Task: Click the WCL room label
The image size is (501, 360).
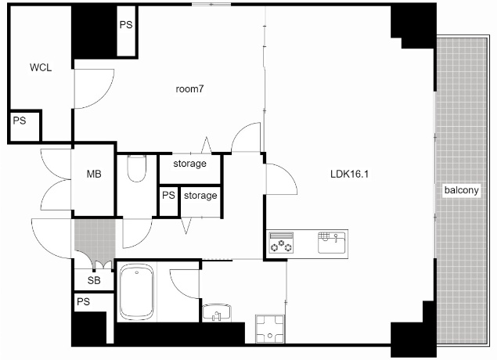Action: (x=41, y=68)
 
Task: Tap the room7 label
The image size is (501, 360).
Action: (x=189, y=89)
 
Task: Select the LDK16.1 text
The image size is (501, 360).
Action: (x=349, y=174)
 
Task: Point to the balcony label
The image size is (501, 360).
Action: (x=461, y=190)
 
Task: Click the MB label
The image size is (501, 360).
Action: (x=94, y=174)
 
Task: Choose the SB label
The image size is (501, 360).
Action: (x=94, y=280)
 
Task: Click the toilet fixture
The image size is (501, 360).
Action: (x=137, y=168)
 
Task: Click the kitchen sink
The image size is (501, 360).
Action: (x=332, y=243)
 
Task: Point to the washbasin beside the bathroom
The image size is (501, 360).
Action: (x=217, y=312)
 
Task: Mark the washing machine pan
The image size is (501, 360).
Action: (x=270, y=329)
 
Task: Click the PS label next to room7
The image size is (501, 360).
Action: (x=126, y=25)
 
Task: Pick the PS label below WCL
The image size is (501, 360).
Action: (x=20, y=121)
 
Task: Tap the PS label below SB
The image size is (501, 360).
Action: (x=84, y=301)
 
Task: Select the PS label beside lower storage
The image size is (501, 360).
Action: (x=168, y=195)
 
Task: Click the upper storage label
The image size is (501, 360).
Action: (x=189, y=164)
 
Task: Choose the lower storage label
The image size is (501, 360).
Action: (x=200, y=196)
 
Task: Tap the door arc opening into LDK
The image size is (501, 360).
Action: (x=289, y=174)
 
